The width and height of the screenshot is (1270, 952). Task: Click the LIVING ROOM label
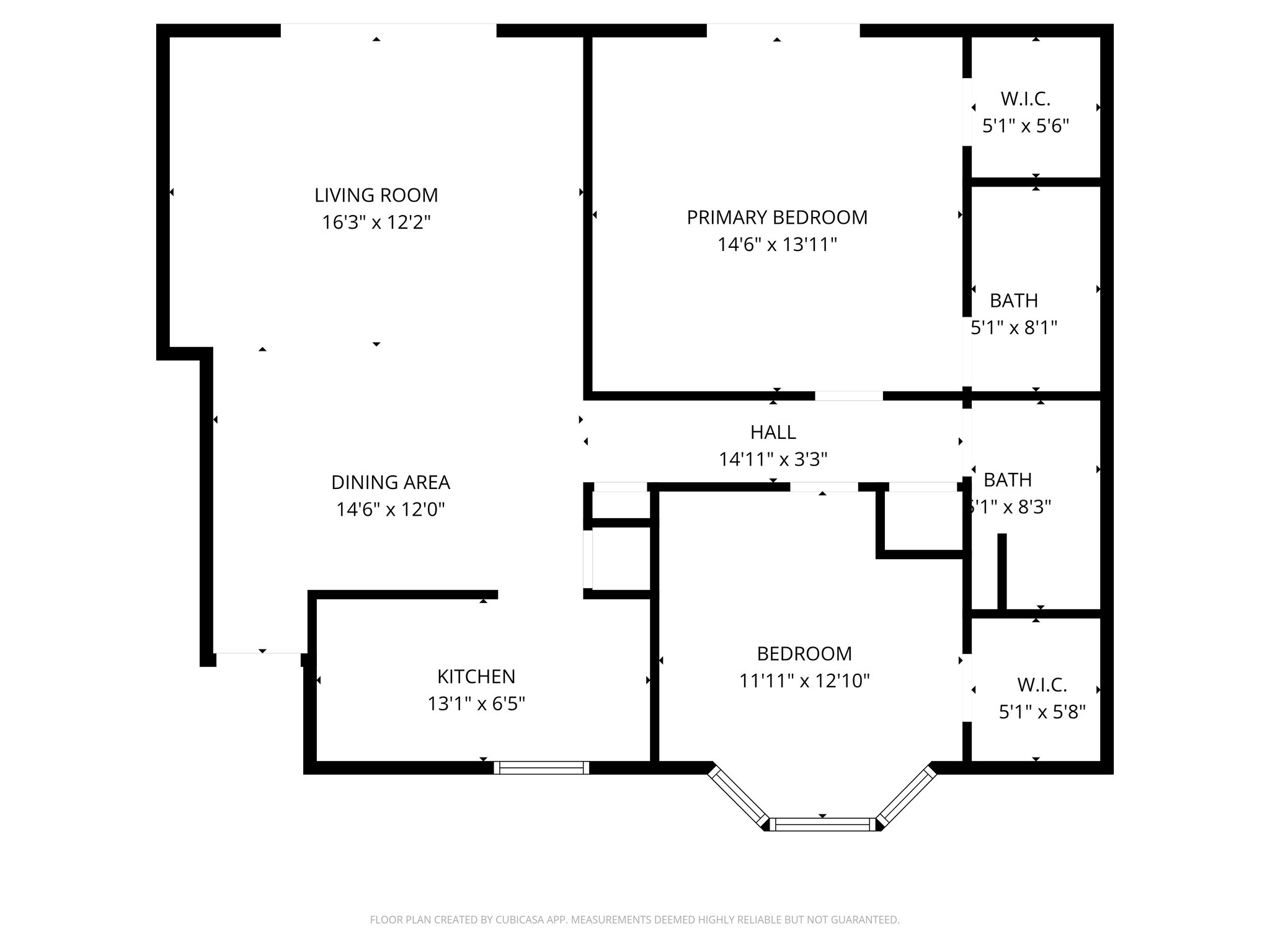coord(376,195)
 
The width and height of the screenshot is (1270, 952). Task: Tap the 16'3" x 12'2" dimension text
coord(376,223)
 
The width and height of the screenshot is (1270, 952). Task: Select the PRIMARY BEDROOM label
coord(777,218)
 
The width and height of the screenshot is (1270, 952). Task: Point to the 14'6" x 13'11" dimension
coord(777,245)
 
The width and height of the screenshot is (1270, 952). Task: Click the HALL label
coord(773,432)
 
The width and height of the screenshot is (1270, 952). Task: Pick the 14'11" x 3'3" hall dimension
coord(773,459)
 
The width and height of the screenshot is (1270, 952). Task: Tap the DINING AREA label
coord(390,482)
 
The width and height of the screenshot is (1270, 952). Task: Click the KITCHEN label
coord(476,676)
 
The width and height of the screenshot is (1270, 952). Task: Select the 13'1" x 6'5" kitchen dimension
coord(476,703)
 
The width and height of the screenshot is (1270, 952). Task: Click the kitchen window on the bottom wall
coord(541,768)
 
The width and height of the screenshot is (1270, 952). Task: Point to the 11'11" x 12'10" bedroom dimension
coord(804,681)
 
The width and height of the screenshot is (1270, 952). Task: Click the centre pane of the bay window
coord(822,824)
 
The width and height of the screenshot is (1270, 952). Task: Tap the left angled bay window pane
coord(738,796)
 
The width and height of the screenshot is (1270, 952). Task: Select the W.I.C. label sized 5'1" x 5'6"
coord(1025,99)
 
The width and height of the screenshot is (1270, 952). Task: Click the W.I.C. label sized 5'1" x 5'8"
coord(1042,685)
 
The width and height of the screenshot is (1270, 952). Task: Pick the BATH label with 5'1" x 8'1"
coord(1013,301)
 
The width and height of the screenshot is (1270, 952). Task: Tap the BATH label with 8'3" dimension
coord(1008,480)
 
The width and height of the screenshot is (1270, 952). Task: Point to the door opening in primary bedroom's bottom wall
coord(848,396)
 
